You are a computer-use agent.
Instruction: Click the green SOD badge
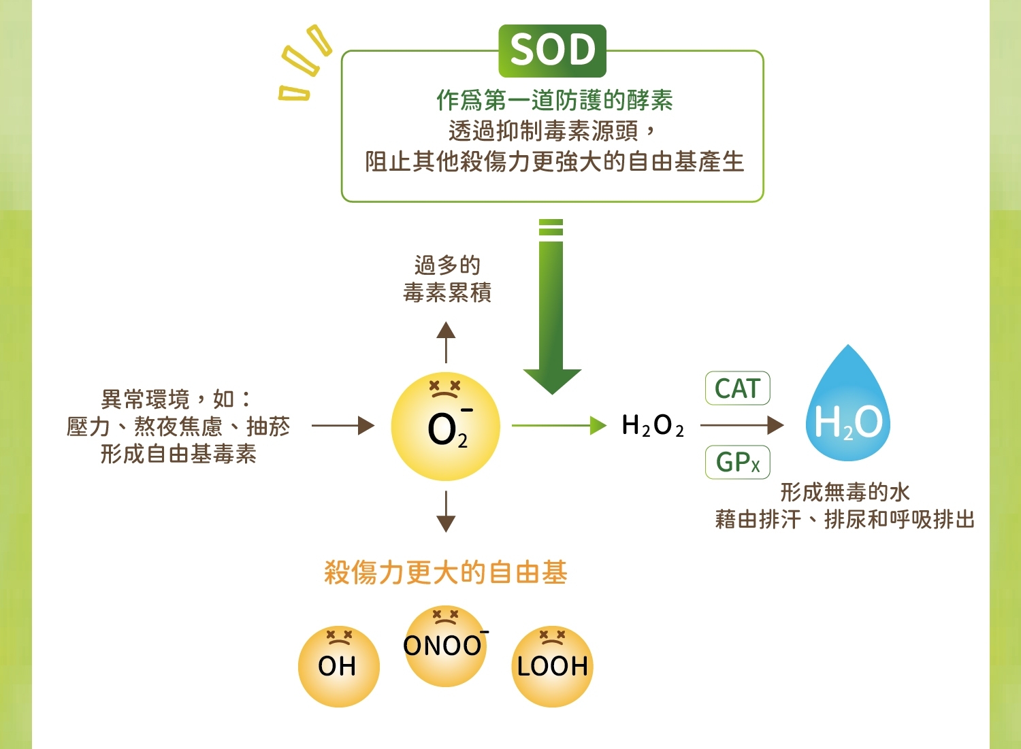pos(552,51)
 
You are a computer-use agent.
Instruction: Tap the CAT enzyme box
pos(737,388)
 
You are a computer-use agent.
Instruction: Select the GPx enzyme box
pos(737,463)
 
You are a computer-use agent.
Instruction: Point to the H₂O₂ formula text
pos(652,426)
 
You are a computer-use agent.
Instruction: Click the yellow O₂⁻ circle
pos(445,427)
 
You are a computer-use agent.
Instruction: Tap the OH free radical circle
pos(338,666)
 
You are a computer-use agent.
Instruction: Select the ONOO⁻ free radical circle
pos(445,646)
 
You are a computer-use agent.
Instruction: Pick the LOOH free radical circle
pos(552,666)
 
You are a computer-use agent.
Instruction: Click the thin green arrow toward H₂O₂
pos(558,426)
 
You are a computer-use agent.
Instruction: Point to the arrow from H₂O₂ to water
pos(742,426)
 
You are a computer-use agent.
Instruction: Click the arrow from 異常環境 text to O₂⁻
pos(343,426)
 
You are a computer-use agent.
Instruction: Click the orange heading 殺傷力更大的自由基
pos(445,573)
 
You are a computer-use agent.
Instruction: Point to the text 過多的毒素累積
pos(447,279)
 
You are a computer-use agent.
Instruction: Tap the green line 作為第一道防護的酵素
pos(554,101)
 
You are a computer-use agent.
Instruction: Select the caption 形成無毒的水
pos(844,492)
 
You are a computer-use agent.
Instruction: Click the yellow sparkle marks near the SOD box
pos(304,65)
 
